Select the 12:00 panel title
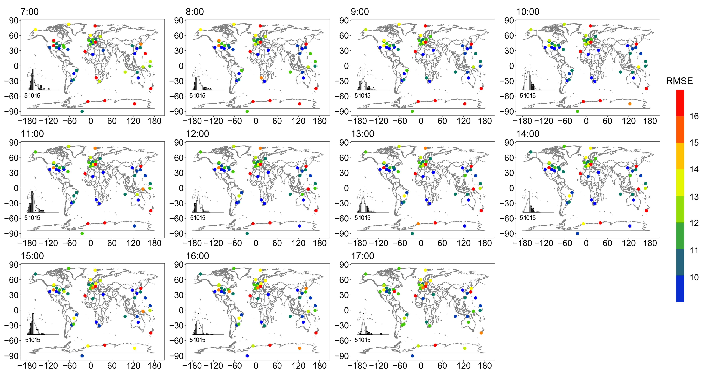pos(197,134)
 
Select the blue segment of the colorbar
pos(680,288)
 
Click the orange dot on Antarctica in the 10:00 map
pos(630,104)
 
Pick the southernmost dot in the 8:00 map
pos(247,111)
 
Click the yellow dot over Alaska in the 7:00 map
pos(35,30)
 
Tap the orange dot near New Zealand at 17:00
pos(481,333)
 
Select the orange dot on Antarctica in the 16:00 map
pos(300,348)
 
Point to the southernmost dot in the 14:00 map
pos(577,233)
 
